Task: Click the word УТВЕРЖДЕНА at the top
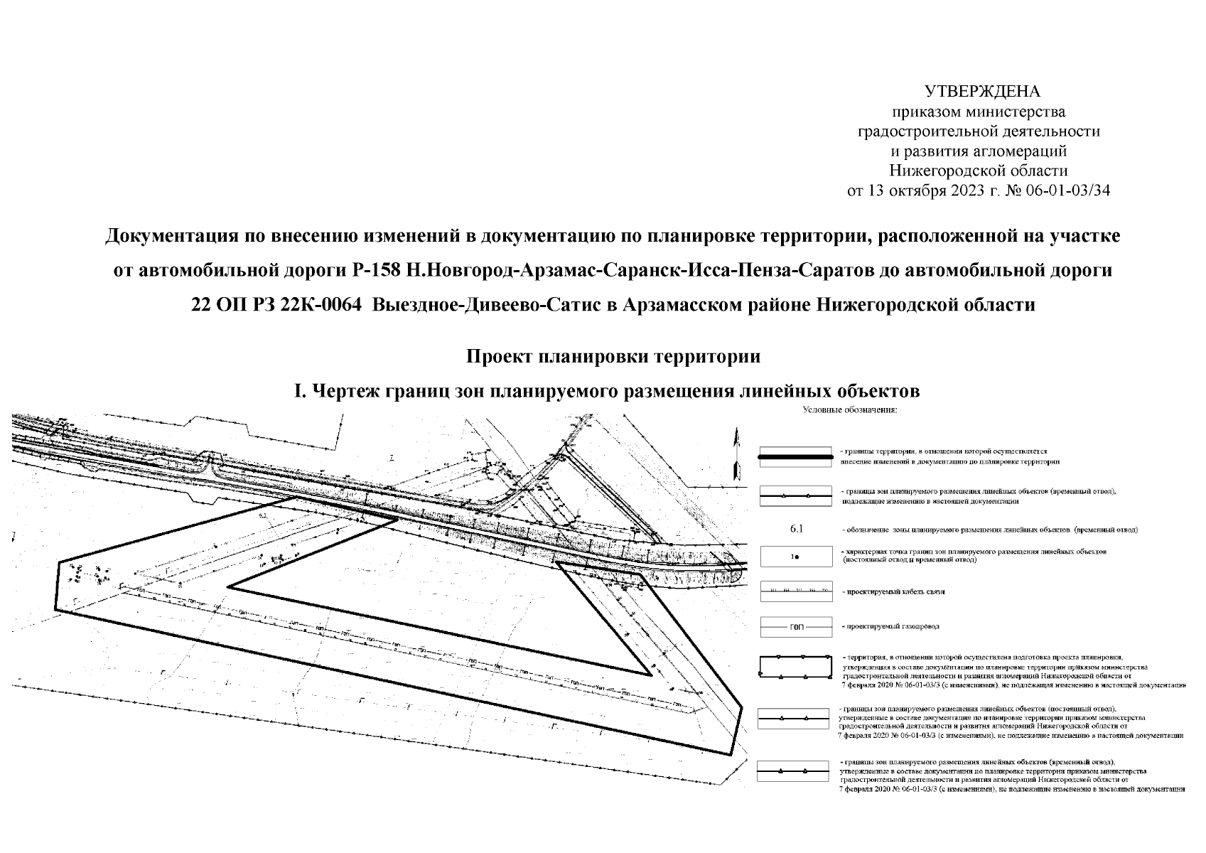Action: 981,92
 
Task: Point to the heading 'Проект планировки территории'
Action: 613,356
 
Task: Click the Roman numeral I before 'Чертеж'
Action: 299,391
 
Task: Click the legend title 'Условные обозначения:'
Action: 850,410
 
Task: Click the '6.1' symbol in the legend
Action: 796,530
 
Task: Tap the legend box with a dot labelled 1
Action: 796,556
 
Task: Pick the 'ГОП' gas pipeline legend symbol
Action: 796,627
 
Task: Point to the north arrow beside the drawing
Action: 738,455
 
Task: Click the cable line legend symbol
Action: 796,590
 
